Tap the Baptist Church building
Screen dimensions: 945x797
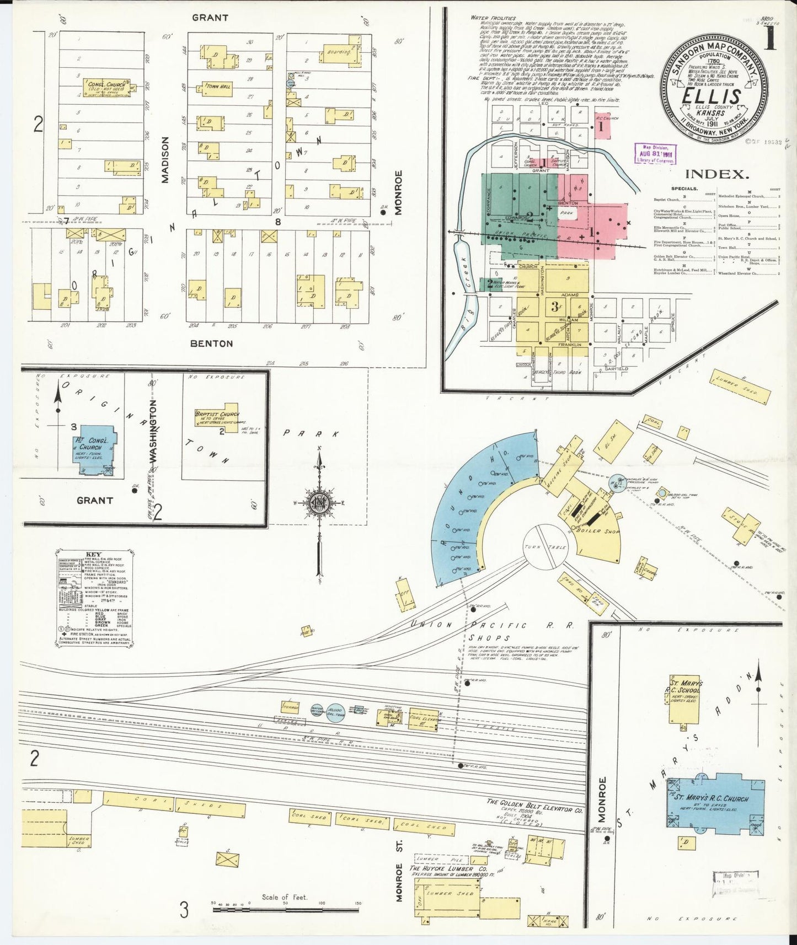tap(217, 418)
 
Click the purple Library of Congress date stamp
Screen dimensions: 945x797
tap(655, 153)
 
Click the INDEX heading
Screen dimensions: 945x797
tap(716, 174)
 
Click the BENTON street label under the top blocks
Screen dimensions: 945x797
tap(211, 343)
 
